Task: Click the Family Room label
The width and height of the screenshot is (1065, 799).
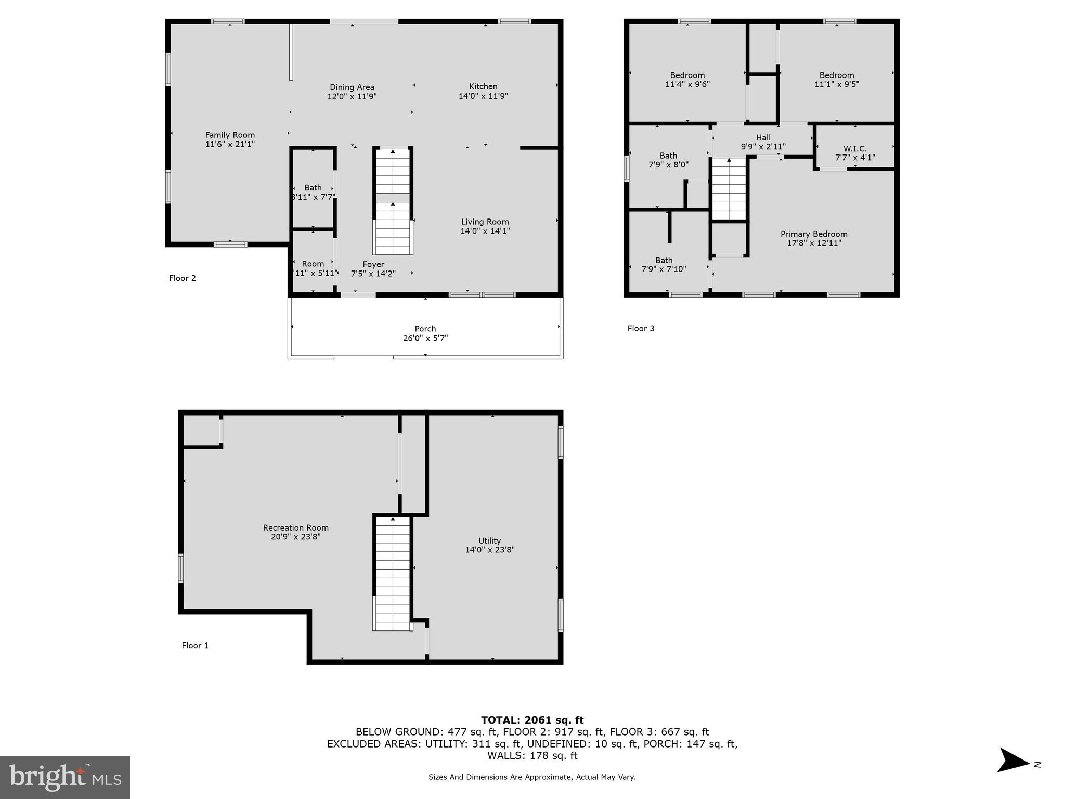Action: click(x=230, y=135)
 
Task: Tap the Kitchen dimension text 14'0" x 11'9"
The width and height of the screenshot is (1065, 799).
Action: click(x=483, y=96)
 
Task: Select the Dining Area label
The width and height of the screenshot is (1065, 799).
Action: click(x=352, y=87)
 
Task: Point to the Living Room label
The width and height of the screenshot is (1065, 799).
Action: click(x=485, y=222)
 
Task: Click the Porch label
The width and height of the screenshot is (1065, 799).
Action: click(x=425, y=329)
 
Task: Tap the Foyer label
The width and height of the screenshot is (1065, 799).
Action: click(x=373, y=264)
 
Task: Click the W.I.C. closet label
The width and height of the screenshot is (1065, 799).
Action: click(x=855, y=149)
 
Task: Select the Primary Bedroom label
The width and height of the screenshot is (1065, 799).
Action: click(x=814, y=234)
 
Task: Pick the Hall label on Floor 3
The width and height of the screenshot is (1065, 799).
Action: click(x=763, y=138)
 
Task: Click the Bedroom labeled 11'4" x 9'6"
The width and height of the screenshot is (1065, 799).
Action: click(x=687, y=80)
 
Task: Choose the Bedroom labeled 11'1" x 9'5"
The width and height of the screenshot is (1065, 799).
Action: click(x=837, y=80)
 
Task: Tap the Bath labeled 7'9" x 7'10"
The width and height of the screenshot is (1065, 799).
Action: click(x=664, y=265)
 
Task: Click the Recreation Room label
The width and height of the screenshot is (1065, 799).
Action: click(x=295, y=528)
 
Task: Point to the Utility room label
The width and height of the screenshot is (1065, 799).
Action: click(x=489, y=541)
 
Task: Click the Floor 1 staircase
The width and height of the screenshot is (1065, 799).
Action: click(x=393, y=572)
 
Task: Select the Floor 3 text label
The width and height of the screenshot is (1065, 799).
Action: click(x=641, y=329)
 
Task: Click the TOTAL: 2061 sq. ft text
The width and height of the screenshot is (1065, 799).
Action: click(x=532, y=720)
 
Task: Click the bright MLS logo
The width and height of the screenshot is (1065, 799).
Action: click(x=65, y=777)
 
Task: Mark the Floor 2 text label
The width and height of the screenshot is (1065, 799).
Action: click(x=183, y=278)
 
